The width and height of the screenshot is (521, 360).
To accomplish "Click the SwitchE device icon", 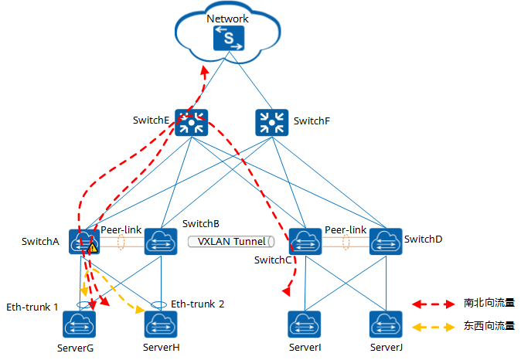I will [188, 121].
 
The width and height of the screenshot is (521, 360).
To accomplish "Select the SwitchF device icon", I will [270, 121].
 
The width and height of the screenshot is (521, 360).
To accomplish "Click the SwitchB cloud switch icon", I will [160, 241].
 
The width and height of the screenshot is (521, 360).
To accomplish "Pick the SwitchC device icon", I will [305, 241].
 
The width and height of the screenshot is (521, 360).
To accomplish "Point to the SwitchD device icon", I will [385, 241].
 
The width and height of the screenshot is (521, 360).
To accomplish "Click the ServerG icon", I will [80, 323].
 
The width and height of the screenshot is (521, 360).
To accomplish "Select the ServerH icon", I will [160, 323].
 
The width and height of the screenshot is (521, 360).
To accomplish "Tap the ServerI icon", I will [305, 323].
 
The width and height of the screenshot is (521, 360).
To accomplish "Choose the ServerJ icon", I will [385, 323].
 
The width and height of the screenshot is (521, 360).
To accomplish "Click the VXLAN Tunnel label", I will [230, 241].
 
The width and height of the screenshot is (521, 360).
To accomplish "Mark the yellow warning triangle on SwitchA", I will [93, 248].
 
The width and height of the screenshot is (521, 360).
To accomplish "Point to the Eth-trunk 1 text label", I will [32, 307].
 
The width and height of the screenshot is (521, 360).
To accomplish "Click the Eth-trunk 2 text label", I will [197, 304].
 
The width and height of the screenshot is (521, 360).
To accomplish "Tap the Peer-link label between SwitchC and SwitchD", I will [346, 229].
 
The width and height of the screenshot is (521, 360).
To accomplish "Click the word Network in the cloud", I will [228, 18].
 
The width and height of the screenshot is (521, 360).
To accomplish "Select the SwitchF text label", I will [312, 121].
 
